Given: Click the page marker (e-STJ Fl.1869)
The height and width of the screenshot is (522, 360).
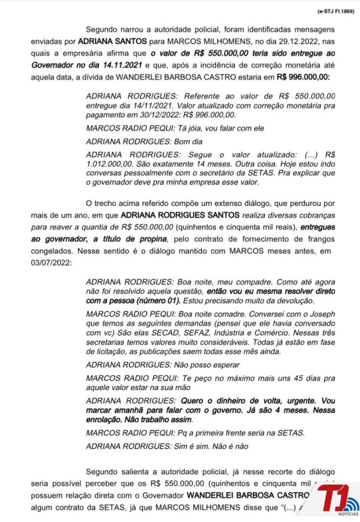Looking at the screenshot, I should [335, 11].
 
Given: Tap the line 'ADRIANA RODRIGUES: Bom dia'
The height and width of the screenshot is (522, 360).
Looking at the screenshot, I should [144, 141].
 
